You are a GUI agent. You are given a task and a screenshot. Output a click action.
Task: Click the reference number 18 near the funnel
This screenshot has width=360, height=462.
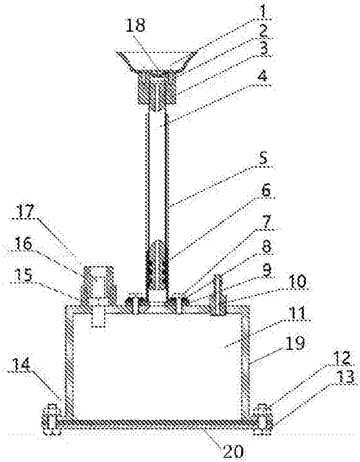pos(136,26)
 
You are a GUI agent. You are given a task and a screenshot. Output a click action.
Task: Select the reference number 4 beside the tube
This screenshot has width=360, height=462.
pos(262,76)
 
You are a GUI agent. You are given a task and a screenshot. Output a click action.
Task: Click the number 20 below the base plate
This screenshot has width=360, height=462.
pos(233,451)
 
